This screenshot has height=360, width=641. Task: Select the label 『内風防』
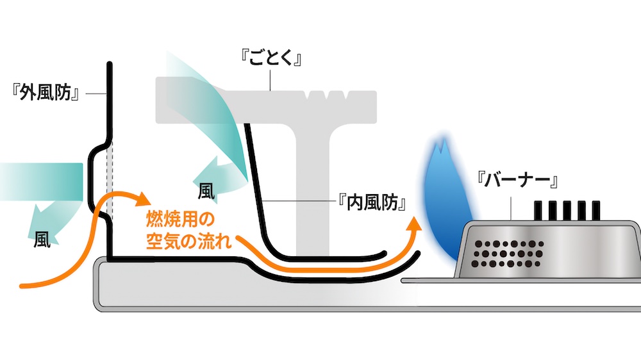pyautogui.click(x=372, y=202)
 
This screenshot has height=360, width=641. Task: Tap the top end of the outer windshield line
pyautogui.click(x=110, y=65)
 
